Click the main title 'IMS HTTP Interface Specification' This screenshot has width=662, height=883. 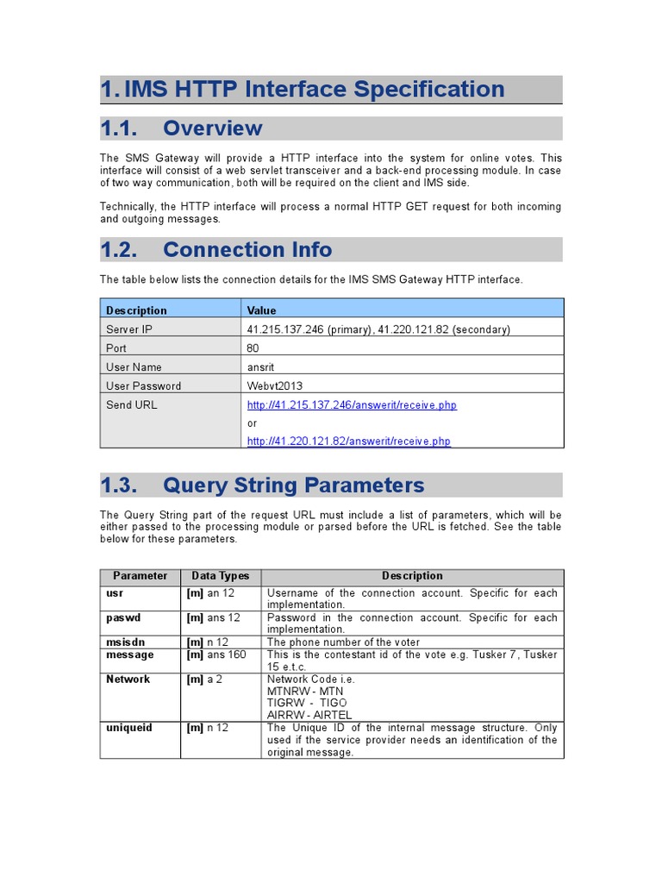pyautogui.click(x=314, y=90)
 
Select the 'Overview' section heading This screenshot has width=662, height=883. pyautogui.click(x=212, y=128)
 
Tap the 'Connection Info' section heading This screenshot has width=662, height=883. pyautogui.click(x=247, y=250)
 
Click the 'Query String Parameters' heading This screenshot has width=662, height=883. pyautogui.click(x=293, y=485)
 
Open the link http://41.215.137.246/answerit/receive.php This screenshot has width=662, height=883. pyautogui.click(x=352, y=405)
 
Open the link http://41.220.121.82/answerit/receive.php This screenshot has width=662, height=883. pyautogui.click(x=348, y=441)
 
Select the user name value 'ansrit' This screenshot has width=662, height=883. pyautogui.click(x=261, y=367)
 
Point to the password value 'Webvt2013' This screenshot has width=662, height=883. pyautogui.click(x=274, y=386)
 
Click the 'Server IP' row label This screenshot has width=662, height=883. pyautogui.click(x=128, y=329)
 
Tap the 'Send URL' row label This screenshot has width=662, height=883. pyautogui.click(x=131, y=404)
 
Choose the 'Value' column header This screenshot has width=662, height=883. pyautogui.click(x=261, y=310)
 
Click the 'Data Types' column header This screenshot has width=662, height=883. pyautogui.click(x=220, y=576)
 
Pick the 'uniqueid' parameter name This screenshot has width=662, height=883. pyautogui.click(x=128, y=728)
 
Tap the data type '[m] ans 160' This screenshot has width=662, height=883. pyautogui.click(x=215, y=655)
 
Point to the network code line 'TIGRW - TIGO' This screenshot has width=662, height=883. pyautogui.click(x=307, y=703)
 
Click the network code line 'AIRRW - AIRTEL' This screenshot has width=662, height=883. pyautogui.click(x=311, y=715)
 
